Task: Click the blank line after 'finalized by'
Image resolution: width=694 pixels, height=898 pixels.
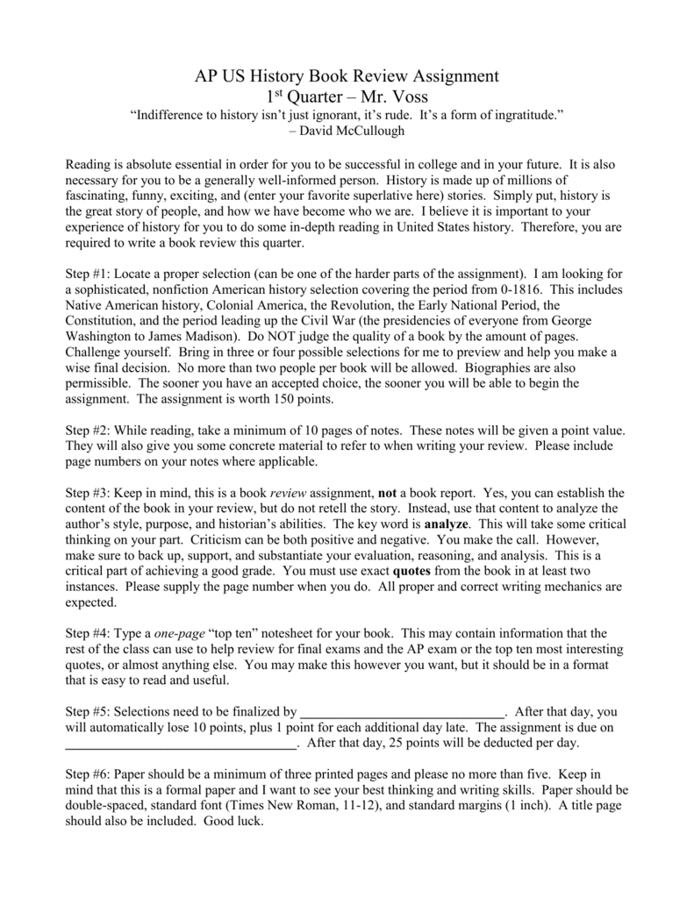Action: [402, 712]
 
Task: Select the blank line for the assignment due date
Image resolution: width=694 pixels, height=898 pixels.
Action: [182, 744]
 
